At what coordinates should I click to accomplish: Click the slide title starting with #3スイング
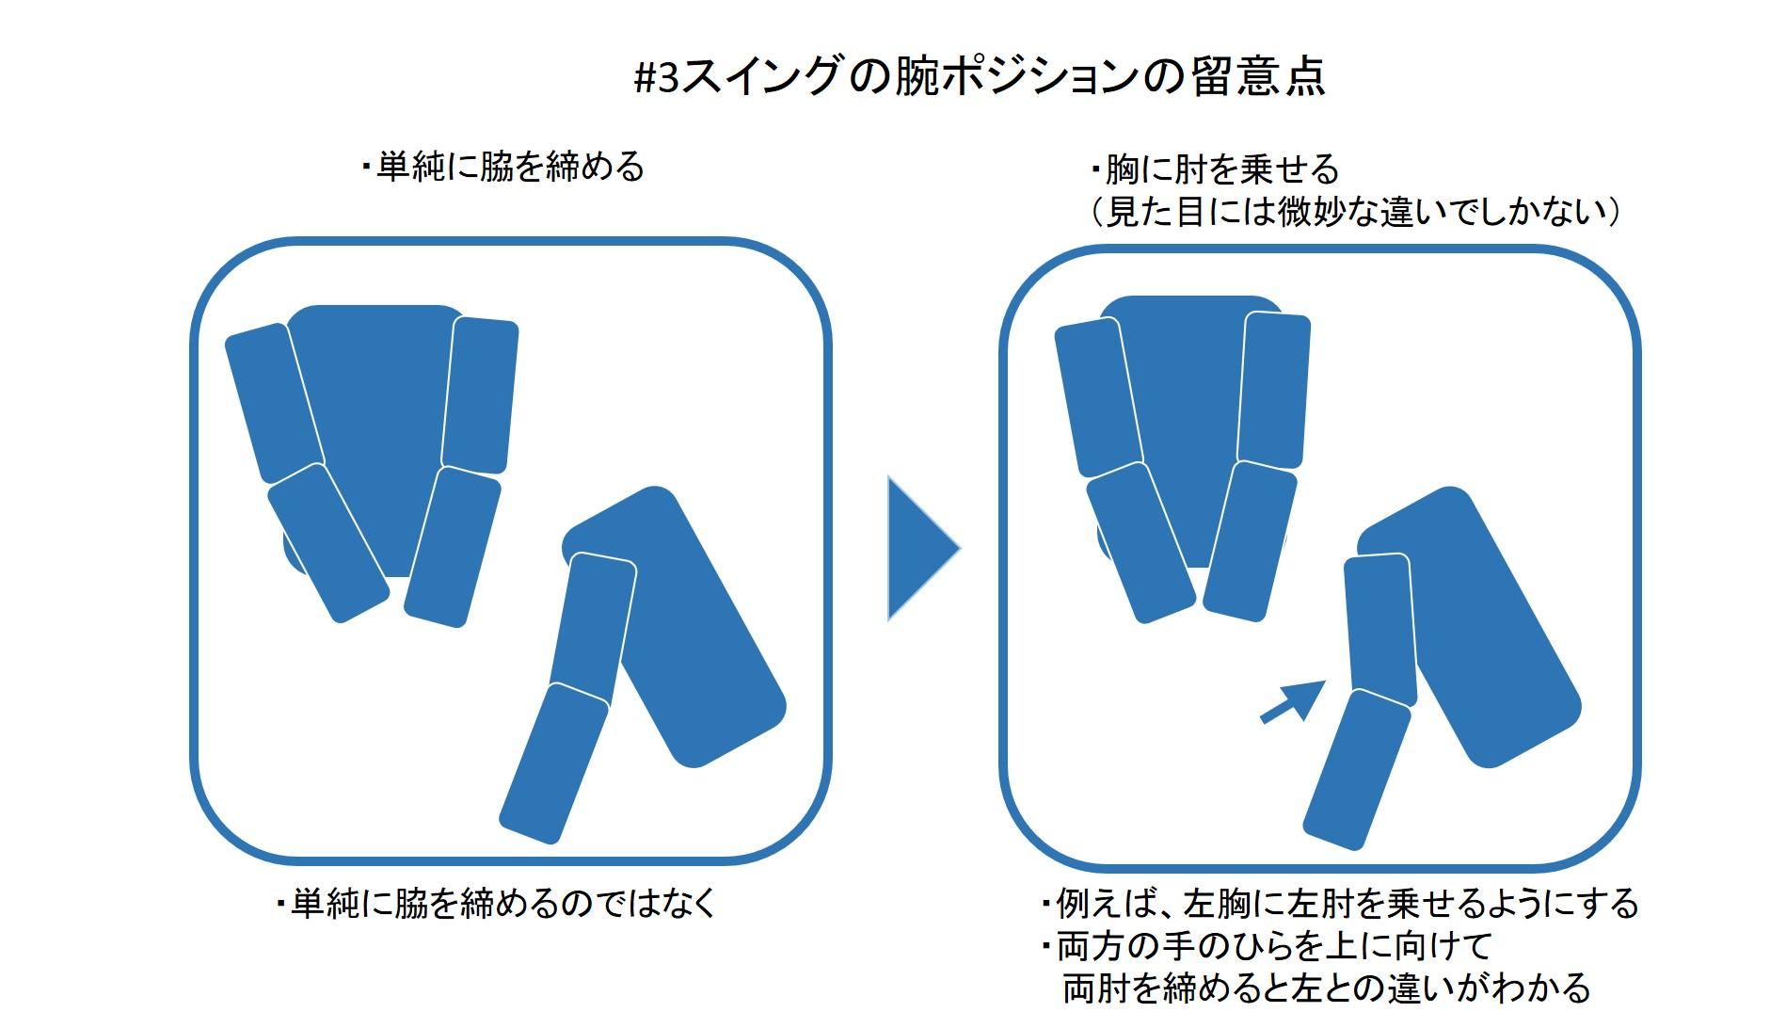click(981, 76)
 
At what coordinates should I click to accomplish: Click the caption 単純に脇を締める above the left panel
click(503, 167)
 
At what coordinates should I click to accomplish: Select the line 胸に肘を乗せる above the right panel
click(1215, 169)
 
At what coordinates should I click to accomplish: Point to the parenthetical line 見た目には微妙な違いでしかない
click(1355, 211)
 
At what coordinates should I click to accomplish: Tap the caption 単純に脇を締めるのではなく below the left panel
click(497, 903)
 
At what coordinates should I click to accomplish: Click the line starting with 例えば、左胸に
click(1341, 903)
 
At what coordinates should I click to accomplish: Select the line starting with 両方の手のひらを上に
click(1267, 945)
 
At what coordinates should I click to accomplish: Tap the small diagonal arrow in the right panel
click(1293, 702)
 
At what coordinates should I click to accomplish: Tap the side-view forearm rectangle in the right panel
click(1358, 769)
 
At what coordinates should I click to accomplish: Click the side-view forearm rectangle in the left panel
click(553, 763)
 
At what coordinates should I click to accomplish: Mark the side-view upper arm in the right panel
click(1380, 630)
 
